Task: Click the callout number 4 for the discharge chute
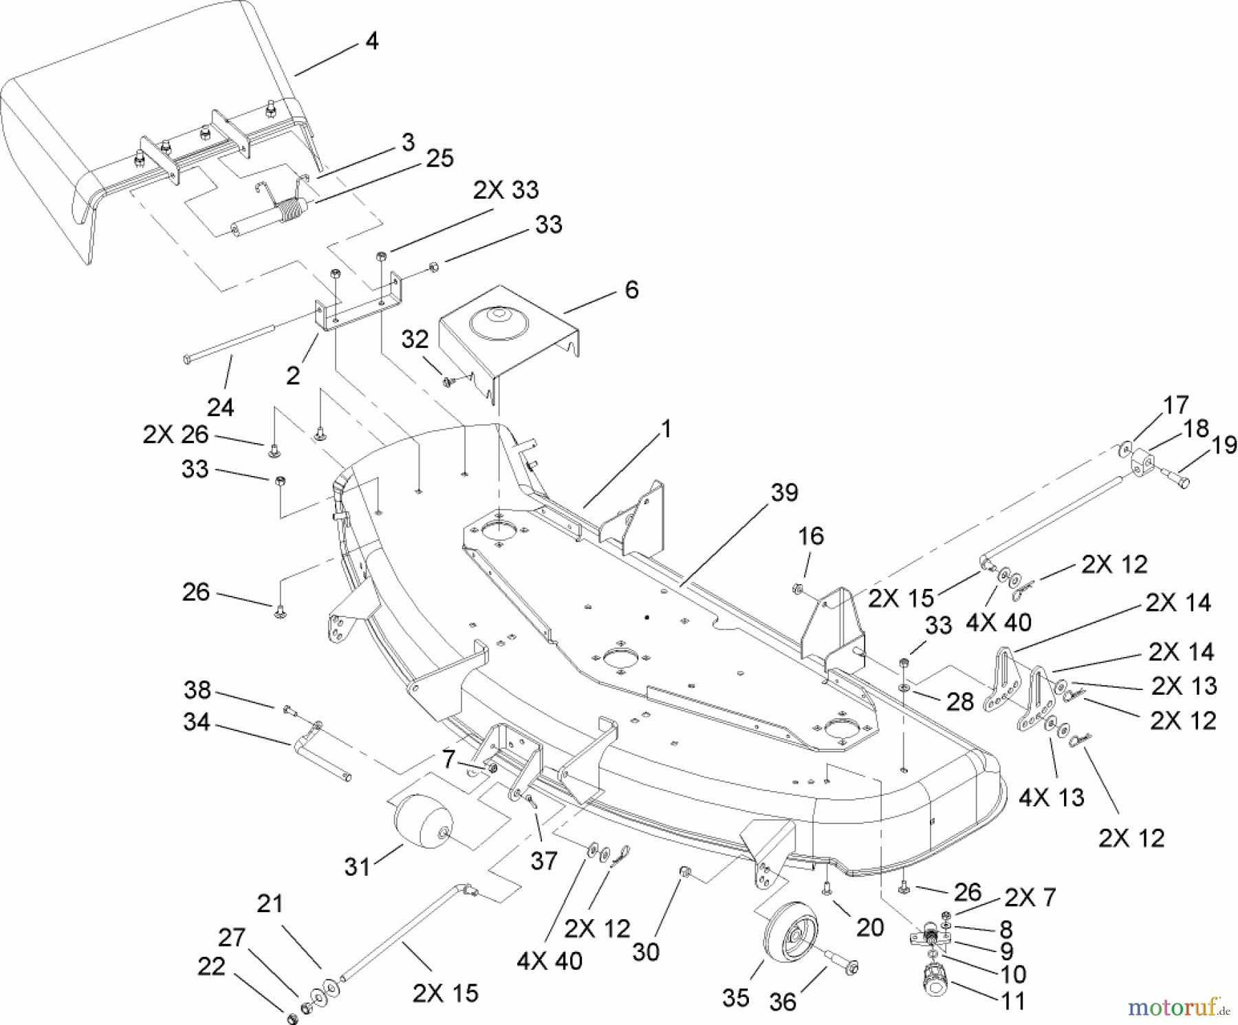371,41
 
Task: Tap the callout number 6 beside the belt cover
631,290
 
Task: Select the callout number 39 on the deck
784,493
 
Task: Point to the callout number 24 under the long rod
220,407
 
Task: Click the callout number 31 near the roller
357,867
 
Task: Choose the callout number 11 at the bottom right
1013,1001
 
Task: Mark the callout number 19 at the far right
1224,445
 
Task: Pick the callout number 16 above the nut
811,536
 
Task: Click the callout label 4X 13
1050,797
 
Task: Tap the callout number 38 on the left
197,691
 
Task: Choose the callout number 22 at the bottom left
210,967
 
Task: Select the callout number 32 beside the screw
415,340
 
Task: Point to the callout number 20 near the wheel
869,927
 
